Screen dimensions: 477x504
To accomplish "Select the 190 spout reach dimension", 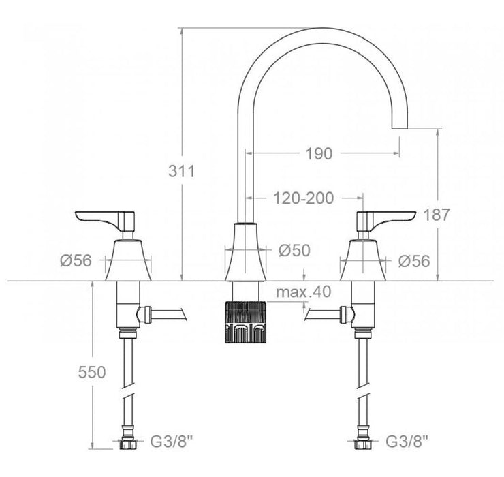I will (319, 154).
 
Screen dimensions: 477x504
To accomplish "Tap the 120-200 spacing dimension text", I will (304, 199).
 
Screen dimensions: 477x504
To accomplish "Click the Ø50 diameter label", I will (294, 251).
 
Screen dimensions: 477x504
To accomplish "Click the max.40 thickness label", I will (304, 292).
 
